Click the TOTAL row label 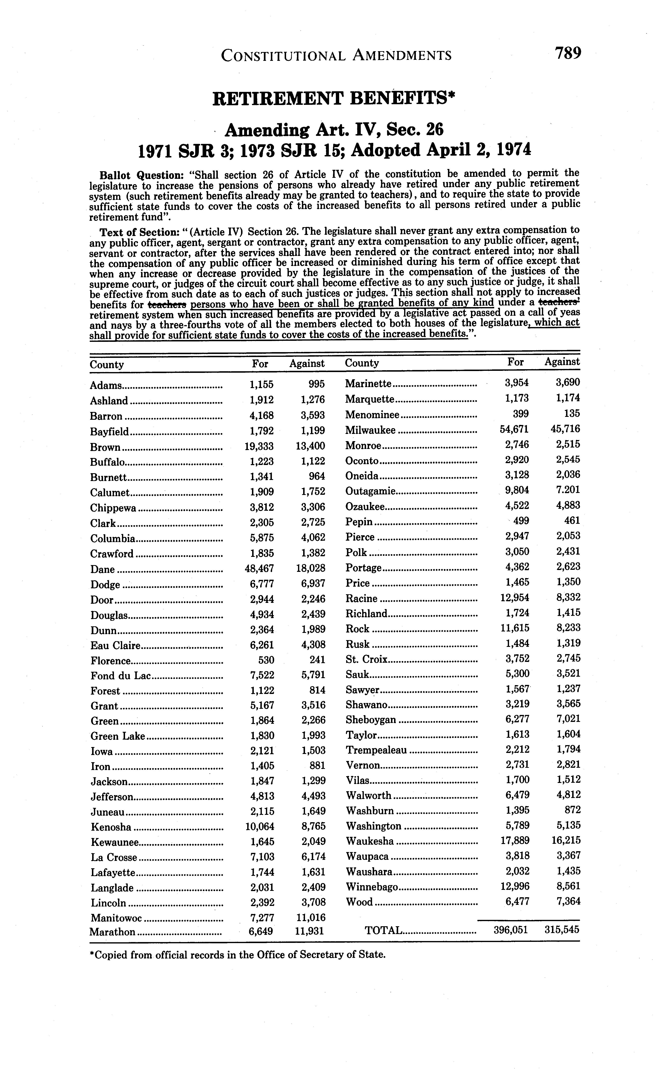pos(383,931)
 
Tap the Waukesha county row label pos(370,841)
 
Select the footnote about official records pos(238,955)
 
